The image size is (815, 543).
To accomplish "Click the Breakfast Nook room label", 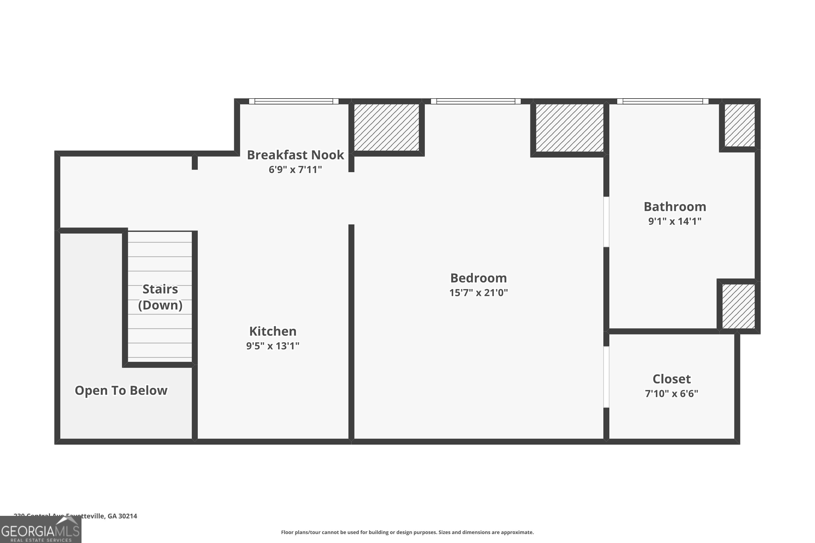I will coord(295,155).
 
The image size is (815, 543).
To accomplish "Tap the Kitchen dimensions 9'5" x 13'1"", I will coord(273,346).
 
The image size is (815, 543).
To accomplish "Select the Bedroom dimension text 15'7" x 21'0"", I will coord(478,293).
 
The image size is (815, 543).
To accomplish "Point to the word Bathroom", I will coord(675,207).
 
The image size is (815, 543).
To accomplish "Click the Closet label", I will coord(672,379).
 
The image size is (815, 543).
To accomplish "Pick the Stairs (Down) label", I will coord(160,297).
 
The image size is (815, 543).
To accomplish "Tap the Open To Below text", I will coord(121,390).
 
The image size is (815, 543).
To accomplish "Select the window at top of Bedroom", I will coord(475,101).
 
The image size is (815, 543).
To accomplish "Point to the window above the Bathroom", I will coord(663,101).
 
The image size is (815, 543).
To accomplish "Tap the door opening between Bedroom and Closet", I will coord(606,377).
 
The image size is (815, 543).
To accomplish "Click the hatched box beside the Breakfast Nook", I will coord(386,127).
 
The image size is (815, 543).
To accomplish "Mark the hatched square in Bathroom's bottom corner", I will coord(738,306).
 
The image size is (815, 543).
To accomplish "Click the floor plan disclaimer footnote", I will coord(407,532).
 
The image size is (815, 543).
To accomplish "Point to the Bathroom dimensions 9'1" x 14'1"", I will coord(675,221).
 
